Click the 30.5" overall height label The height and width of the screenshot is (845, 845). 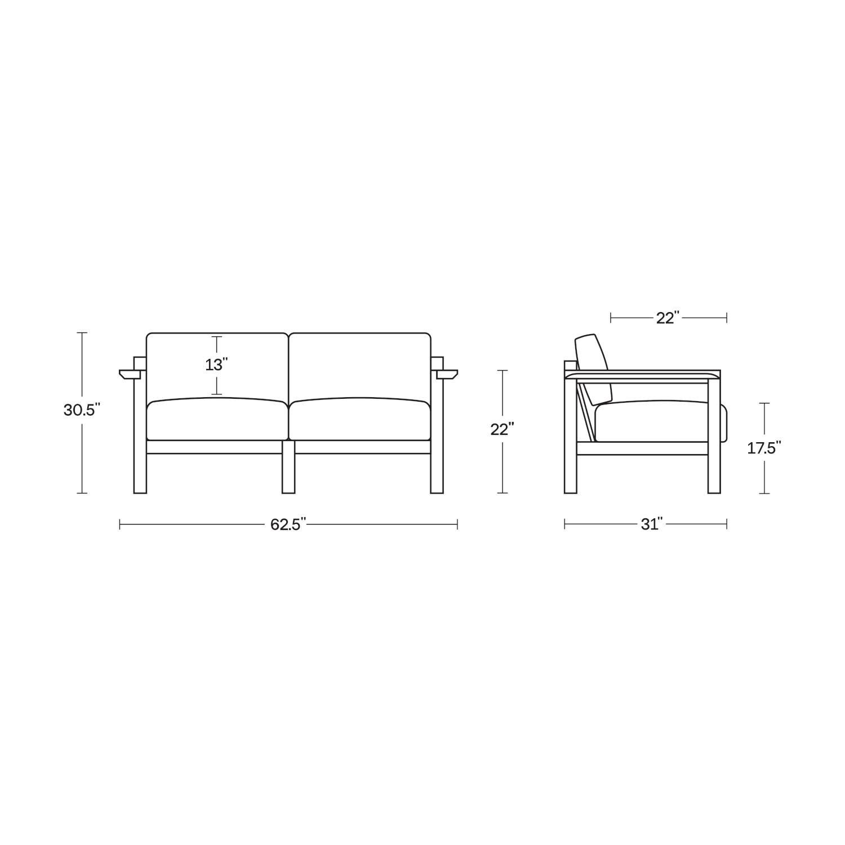[82, 410]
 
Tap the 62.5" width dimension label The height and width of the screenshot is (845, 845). [288, 524]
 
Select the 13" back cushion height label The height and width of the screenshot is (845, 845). [216, 365]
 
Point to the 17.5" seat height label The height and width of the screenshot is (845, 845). [764, 448]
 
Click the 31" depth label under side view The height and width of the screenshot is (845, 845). [651, 524]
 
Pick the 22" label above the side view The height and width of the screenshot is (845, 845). [669, 318]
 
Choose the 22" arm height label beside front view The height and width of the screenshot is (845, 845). [502, 429]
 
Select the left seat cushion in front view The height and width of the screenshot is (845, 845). [217, 420]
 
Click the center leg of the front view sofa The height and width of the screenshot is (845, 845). [288, 468]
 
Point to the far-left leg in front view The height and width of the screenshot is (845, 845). [140, 468]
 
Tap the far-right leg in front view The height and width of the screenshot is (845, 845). [437, 468]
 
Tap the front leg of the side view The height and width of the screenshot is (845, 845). [714, 468]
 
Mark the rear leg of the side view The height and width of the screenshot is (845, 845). [571, 468]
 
